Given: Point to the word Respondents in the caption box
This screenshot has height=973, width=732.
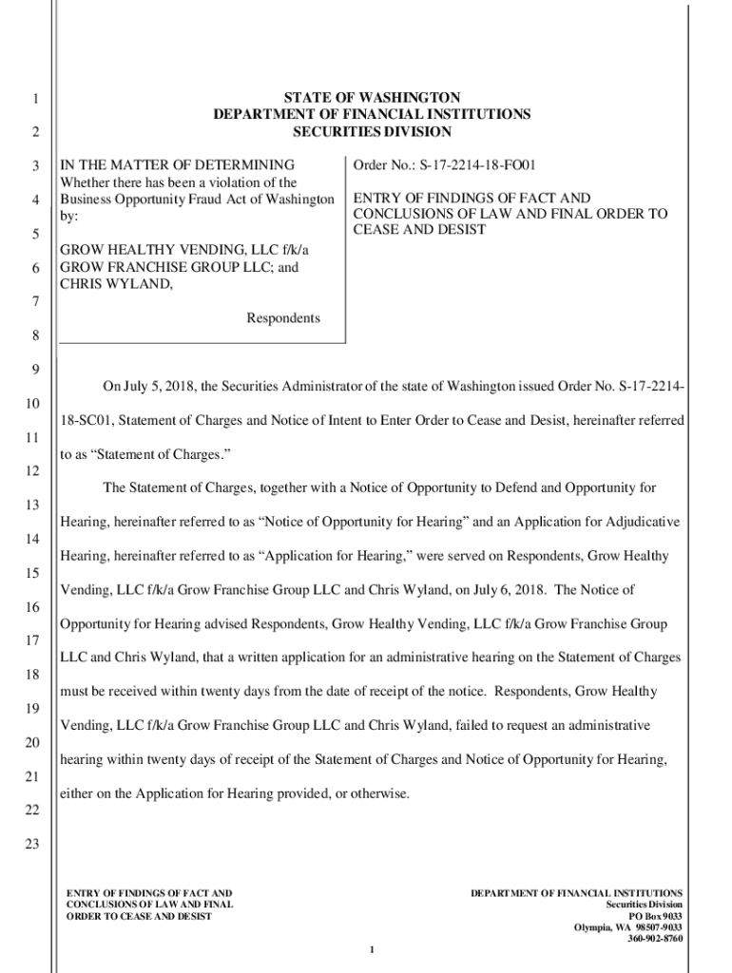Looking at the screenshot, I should [283, 318].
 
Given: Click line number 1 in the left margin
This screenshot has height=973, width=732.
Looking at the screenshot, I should [33, 100].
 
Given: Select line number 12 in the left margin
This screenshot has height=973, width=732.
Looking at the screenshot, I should [32, 472].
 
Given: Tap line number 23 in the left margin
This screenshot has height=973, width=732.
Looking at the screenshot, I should [32, 845].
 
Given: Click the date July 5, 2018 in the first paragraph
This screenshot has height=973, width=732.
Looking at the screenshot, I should [159, 386].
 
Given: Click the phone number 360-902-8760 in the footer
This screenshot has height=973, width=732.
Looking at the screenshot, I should [654, 939].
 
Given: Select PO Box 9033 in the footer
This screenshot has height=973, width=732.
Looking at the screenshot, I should [654, 916].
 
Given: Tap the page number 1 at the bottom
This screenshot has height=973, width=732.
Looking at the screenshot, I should [374, 950].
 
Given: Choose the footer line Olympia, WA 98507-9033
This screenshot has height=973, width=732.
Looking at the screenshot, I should [628, 927].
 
